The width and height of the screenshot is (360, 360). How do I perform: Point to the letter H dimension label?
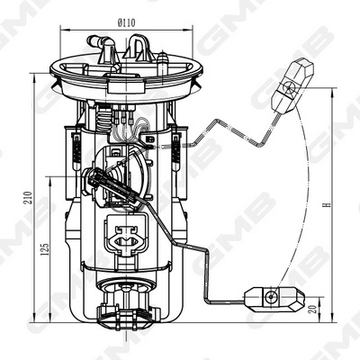point(328,204)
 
